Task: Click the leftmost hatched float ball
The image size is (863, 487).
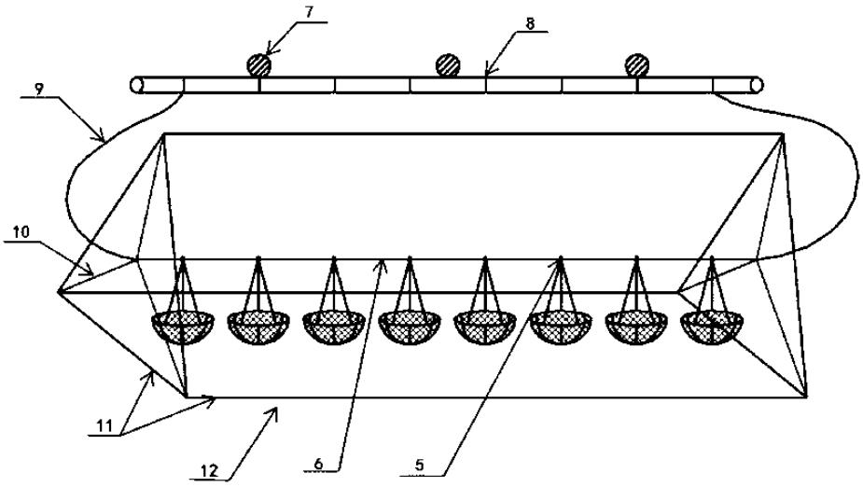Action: [258, 65]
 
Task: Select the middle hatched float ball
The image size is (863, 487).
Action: [449, 65]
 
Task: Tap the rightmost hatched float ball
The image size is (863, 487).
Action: [638, 65]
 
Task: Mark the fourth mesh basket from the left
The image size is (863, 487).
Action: [410, 327]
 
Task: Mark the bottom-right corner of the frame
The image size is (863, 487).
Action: [807, 397]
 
